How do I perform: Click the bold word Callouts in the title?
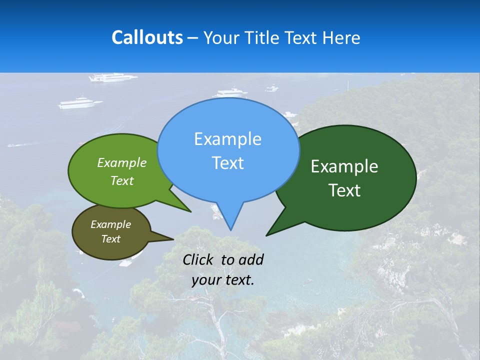click(147, 37)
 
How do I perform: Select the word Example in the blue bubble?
click(227, 139)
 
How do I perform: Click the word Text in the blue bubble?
click(227, 163)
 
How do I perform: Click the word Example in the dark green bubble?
click(344, 166)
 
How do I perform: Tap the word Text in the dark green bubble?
click(344, 190)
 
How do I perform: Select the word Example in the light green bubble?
click(122, 162)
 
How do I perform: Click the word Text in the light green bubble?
click(122, 180)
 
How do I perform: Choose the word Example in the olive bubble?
click(110, 224)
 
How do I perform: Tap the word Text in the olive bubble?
click(110, 239)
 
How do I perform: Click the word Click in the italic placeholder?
click(198, 259)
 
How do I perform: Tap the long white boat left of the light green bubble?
click(80, 103)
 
